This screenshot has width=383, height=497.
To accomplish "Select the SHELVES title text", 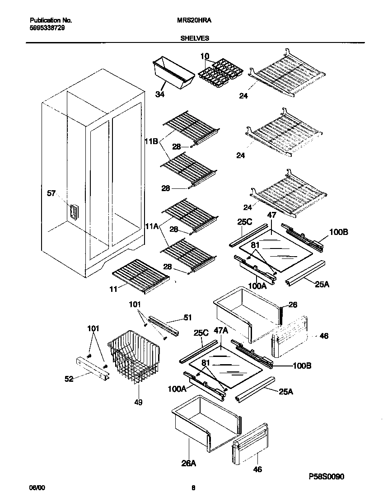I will click(196, 38).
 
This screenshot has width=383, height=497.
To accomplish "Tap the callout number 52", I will click(69, 379).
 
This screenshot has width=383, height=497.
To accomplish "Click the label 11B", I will click(151, 142).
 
